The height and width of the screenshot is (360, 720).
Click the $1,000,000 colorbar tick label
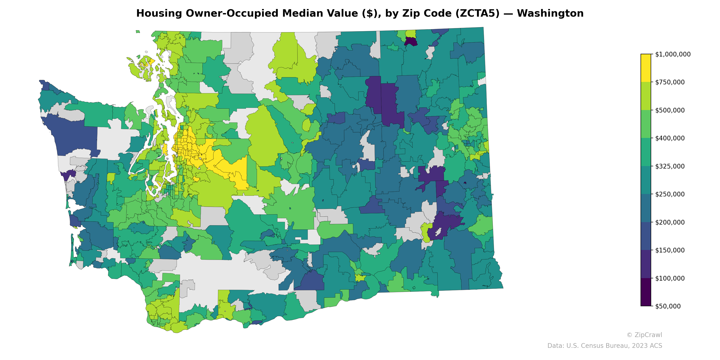tap(673, 54)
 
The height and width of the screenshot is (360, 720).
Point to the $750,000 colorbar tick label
tap(670, 82)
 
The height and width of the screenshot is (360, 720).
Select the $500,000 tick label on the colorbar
tap(670, 110)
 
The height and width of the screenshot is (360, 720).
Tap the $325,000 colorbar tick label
tap(670, 166)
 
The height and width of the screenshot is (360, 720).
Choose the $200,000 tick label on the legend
tap(670, 222)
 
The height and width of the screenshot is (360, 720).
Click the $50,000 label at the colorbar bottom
tap(668, 306)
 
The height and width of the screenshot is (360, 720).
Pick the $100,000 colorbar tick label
tap(670, 278)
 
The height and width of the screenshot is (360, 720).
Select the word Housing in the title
tap(159, 13)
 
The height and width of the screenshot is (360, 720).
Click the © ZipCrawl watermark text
tap(644, 335)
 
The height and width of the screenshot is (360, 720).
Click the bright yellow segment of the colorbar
tap(646, 68)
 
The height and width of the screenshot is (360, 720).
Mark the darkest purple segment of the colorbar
tap(646, 292)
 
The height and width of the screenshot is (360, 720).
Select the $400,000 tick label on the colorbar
tap(670, 138)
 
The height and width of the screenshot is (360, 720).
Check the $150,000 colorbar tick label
tap(670, 250)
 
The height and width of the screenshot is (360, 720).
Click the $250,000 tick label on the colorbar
tap(670, 194)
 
